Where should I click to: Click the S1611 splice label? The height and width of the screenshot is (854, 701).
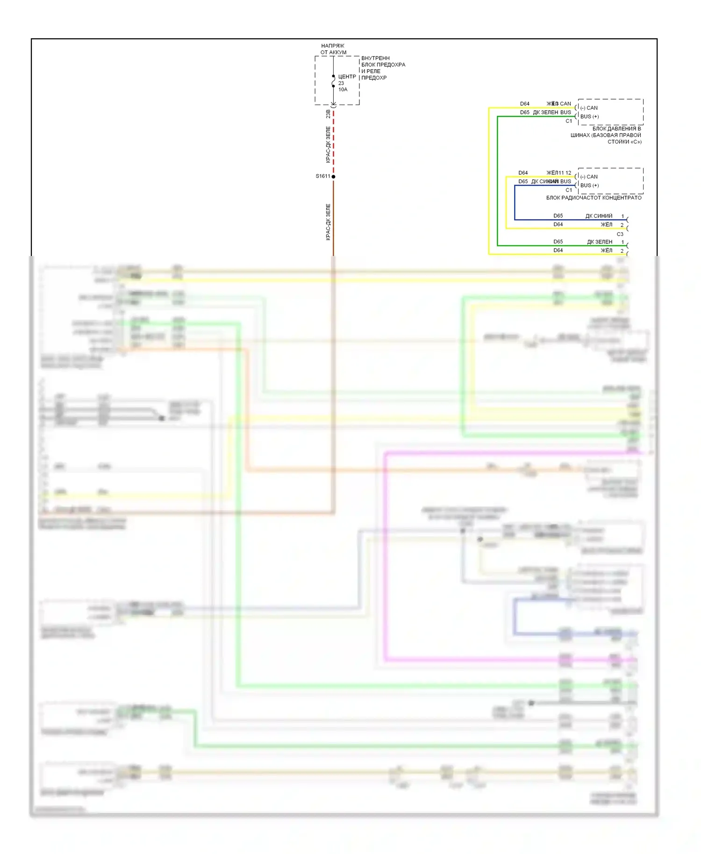pos(322,176)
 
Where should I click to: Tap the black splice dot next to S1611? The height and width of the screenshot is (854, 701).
pos(333,177)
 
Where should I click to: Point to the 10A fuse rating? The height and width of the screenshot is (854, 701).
pos(343,90)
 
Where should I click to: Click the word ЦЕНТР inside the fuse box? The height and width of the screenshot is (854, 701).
pos(347,77)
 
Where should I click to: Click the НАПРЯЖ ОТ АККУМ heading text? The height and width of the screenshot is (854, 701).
pos(333,49)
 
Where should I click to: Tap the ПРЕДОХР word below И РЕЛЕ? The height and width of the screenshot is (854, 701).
pos(374,78)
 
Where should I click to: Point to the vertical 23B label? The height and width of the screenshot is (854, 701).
pos(328,114)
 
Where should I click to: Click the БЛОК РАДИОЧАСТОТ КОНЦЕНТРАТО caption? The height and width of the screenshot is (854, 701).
pos(594,198)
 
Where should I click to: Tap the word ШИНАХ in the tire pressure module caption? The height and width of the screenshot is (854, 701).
pos(580,135)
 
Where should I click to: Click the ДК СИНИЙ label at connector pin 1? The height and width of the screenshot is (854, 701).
pos(599,216)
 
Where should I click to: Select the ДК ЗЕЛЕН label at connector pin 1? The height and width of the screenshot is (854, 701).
pos(600,242)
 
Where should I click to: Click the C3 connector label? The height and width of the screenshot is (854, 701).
pos(620,234)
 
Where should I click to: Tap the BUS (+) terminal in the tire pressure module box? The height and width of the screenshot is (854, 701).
pos(589,117)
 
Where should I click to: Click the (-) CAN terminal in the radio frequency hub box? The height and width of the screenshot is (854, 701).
pos(589,177)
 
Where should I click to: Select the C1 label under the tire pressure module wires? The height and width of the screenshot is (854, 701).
pos(569,121)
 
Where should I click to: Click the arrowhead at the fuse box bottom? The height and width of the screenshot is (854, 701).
pos(333,105)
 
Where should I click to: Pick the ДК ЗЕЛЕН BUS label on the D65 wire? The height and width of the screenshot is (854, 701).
pos(552,113)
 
